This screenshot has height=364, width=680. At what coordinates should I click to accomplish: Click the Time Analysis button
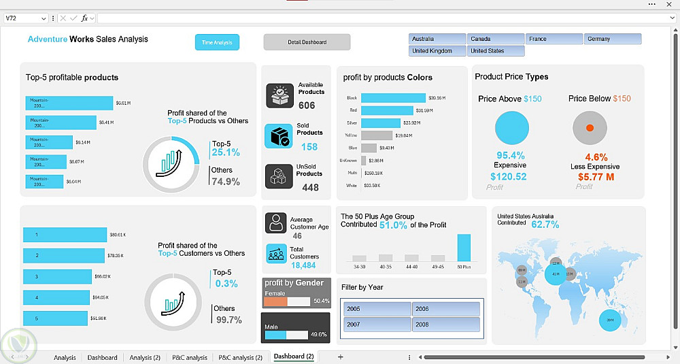point(217,42)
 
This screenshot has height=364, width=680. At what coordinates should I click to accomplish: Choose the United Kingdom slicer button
point(437,51)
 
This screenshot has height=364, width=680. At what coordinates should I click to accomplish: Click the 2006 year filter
point(445,309)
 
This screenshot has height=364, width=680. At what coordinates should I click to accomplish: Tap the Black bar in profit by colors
point(393,98)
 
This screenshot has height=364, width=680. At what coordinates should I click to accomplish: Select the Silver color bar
point(381,122)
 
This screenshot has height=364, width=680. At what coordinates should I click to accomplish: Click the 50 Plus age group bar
point(464,248)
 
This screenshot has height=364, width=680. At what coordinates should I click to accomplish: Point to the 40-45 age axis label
point(411,267)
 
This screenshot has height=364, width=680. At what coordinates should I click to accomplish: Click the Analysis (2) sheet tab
point(145,357)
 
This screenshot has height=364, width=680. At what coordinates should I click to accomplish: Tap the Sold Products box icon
point(278,136)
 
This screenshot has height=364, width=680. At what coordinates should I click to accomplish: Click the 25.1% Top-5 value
point(226,152)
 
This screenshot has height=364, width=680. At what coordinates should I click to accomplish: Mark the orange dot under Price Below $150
point(590,128)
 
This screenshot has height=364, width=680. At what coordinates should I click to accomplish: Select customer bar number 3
point(57,277)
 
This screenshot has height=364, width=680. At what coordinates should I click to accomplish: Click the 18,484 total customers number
point(303,265)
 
